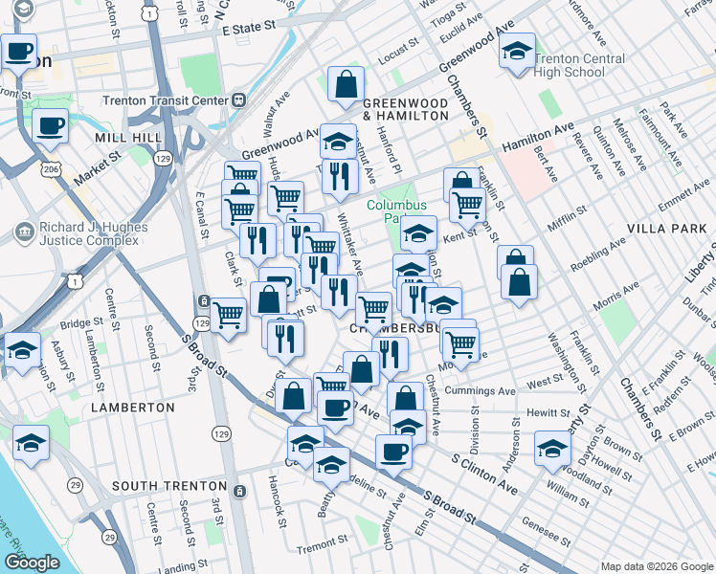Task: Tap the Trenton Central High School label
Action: (579, 65)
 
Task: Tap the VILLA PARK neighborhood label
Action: (665, 230)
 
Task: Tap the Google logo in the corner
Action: (32, 563)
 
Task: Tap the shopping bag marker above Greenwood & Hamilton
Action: (345, 84)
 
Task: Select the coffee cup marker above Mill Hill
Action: (49, 124)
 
